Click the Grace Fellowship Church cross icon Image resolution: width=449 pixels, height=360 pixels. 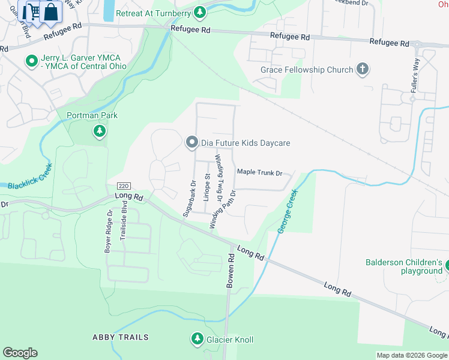pyautogui.click(x=362, y=70)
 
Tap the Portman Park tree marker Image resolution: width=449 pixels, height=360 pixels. pyautogui.click(x=100, y=130)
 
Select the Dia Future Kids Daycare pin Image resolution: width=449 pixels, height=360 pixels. pyautogui.click(x=191, y=142)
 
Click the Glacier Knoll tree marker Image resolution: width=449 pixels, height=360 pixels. pyautogui.click(x=197, y=340)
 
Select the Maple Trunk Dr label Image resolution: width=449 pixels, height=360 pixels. pyautogui.click(x=259, y=173)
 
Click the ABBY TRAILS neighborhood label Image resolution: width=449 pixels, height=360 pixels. pyautogui.click(x=120, y=337)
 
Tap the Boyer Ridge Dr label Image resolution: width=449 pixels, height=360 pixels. pyautogui.click(x=109, y=231)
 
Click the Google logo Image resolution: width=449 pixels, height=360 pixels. pyautogui.click(x=20, y=353)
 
